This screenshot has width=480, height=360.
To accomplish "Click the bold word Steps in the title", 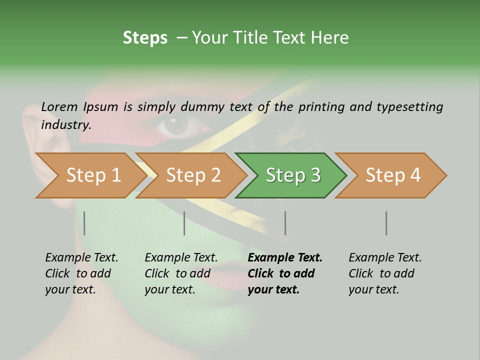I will [x=145, y=38].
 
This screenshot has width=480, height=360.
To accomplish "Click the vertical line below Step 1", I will [x=84, y=223].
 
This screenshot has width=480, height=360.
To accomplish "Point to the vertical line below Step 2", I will [x=184, y=223].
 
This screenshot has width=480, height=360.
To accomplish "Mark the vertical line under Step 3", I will [x=285, y=223].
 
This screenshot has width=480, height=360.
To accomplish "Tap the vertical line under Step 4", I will [x=386, y=223].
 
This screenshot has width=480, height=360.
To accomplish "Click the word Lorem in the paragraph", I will [x=59, y=107].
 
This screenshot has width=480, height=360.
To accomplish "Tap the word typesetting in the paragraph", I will [x=409, y=107].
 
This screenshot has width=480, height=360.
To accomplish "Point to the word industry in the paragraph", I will [x=65, y=125].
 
